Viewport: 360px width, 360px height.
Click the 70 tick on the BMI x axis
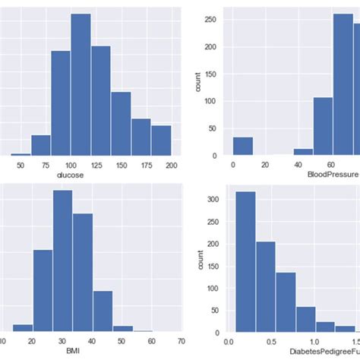(x=181, y=342)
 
